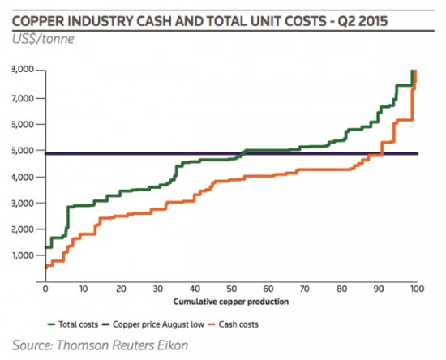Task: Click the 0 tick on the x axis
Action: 45,288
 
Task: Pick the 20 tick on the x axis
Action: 119,288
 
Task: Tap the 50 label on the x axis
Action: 231,288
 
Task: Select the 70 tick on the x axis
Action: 306,288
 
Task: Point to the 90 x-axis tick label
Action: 380,288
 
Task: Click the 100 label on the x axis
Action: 416,288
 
